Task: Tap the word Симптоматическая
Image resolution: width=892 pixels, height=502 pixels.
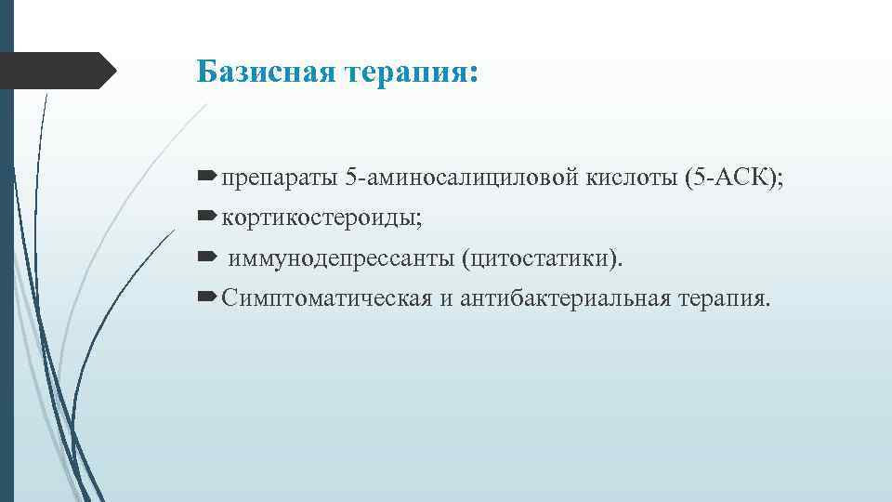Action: (x=326, y=298)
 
